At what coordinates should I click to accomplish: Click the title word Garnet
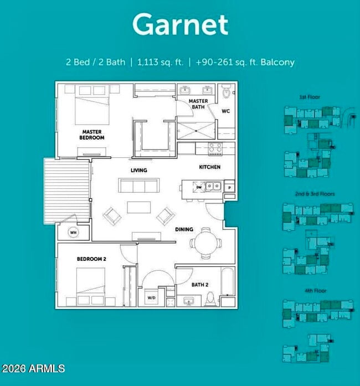180,25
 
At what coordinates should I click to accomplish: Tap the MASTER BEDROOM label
91,134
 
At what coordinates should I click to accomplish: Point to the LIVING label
138,170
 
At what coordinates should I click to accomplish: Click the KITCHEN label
209,167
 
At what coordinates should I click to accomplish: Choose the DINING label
184,229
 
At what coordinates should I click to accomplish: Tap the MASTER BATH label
198,104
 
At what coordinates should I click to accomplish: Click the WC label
225,111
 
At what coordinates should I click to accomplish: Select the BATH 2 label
199,285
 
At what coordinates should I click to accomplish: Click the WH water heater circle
73,233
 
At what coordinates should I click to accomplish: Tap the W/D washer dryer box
151,297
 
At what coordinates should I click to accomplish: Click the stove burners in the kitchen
214,148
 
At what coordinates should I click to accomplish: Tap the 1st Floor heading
310,97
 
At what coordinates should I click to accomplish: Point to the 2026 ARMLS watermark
33,368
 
